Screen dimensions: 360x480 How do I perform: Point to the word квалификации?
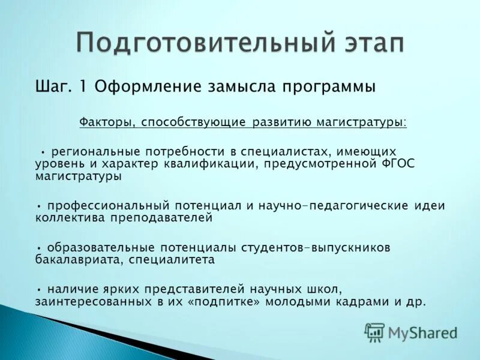(216, 164)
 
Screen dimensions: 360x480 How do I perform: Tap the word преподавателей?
(160, 218)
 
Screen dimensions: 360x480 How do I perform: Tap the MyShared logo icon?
(375, 331)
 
